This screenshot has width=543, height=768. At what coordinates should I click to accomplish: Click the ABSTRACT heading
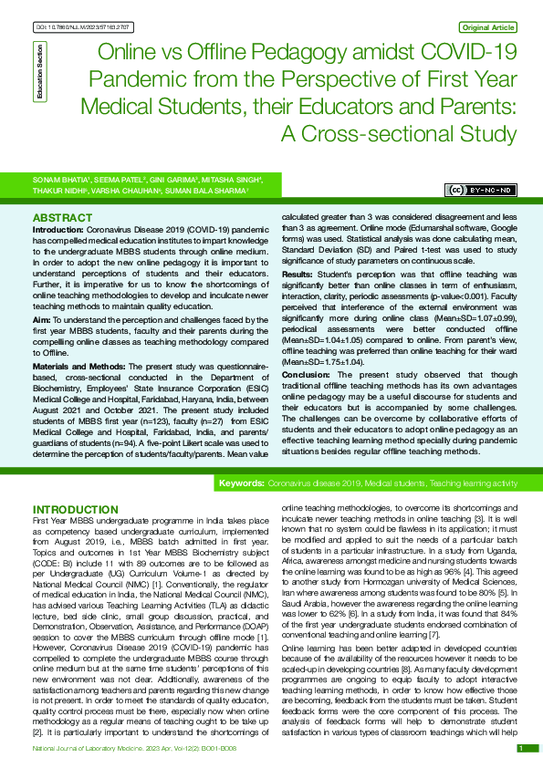pyautogui.click(x=62, y=219)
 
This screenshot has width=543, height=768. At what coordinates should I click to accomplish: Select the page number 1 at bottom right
pyautogui.click(x=521, y=748)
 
